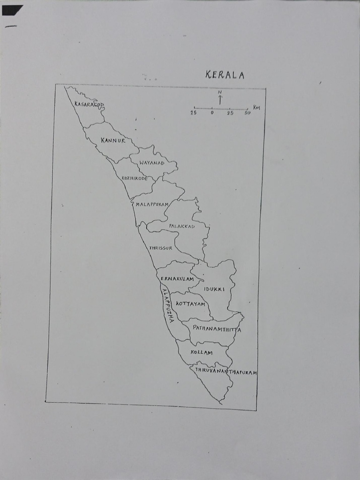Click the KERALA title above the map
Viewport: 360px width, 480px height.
(x=225, y=75)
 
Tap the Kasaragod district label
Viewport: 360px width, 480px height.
(x=89, y=105)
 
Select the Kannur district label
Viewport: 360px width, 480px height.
(x=113, y=140)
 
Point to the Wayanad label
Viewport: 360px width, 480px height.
(x=152, y=162)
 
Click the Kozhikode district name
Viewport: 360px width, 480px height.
(x=135, y=178)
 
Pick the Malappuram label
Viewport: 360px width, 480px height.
(x=152, y=204)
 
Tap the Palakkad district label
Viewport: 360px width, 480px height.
(x=182, y=226)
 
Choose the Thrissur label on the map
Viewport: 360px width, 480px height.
(x=161, y=247)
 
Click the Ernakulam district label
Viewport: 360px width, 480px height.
(x=177, y=278)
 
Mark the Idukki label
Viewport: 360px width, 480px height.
(x=214, y=289)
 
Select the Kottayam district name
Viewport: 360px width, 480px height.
(x=191, y=304)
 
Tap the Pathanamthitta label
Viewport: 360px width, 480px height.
(x=217, y=329)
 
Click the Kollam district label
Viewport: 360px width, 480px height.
(x=202, y=352)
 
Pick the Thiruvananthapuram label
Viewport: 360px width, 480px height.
(x=226, y=371)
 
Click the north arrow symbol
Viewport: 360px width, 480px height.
(x=220, y=98)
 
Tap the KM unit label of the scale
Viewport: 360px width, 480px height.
(x=256, y=107)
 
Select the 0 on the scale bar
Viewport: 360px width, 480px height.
(x=212, y=113)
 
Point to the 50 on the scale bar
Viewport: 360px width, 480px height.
(x=247, y=113)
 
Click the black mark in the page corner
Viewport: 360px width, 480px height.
(x=12, y=10)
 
